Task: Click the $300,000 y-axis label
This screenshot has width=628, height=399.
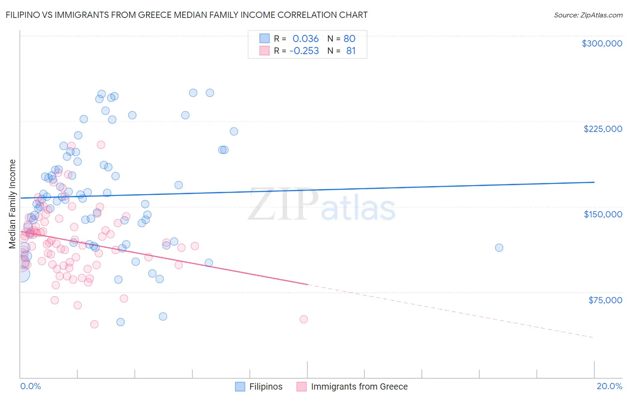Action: click(602, 43)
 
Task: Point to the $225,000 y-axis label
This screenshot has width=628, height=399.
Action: click(603, 129)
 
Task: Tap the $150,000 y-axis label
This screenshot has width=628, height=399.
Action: click(603, 214)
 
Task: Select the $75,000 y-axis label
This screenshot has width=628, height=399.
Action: click(605, 300)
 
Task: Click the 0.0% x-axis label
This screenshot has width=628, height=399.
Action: click(30, 386)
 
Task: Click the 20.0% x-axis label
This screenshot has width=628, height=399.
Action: click(609, 386)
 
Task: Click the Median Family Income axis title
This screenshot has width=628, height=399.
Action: click(12, 204)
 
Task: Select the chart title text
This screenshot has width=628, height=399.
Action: click(186, 15)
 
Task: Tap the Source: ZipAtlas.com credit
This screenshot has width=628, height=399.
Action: click(588, 15)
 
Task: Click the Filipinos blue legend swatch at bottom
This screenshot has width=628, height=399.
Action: click(240, 386)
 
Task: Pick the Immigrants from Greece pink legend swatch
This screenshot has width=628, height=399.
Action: click(301, 386)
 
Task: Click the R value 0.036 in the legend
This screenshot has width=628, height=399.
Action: click(306, 38)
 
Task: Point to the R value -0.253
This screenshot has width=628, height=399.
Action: click(304, 51)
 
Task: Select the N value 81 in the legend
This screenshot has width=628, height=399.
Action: click(351, 51)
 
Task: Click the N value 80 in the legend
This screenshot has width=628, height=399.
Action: click(349, 38)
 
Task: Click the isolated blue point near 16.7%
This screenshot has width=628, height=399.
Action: click(499, 248)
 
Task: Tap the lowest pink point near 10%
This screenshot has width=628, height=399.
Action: click(304, 319)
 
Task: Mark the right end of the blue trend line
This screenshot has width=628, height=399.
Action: click(594, 182)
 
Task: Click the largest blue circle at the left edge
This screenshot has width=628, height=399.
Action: click(21, 274)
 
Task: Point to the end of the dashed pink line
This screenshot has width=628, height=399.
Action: click(594, 337)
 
